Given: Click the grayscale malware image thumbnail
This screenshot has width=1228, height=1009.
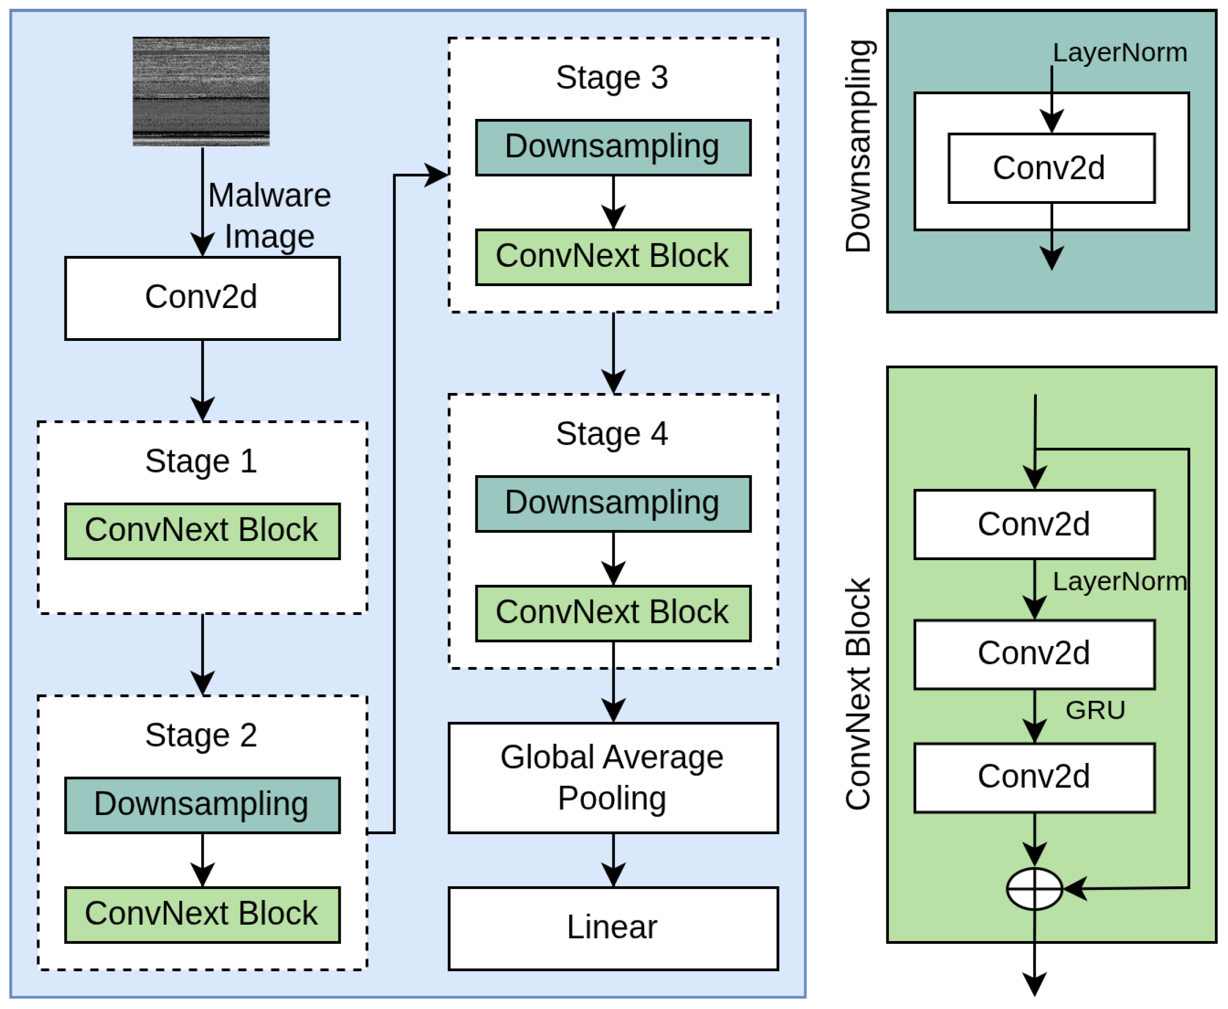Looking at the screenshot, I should (201, 91).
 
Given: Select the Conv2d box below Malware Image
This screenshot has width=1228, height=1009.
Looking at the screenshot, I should (202, 298).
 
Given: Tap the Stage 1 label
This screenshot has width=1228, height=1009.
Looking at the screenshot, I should (201, 461).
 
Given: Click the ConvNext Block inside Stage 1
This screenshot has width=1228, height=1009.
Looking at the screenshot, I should (202, 531).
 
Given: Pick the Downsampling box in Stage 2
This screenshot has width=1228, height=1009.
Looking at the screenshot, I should (202, 806).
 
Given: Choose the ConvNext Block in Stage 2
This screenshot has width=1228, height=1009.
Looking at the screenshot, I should (202, 915).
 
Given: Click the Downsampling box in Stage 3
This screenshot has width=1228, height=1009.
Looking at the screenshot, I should (613, 147).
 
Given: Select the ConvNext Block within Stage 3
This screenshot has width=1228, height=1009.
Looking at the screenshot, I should (613, 257).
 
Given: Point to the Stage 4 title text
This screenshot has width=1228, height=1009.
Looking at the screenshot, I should (612, 434).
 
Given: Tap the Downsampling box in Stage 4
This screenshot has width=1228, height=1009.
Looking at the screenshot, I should (613, 504).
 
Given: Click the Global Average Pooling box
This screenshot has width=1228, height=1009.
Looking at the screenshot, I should (613, 778).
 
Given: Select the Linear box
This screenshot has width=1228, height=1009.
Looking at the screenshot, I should (613, 928).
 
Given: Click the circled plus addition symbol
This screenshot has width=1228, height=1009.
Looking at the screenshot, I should (1034, 888).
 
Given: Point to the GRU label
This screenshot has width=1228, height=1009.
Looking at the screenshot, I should (1095, 710).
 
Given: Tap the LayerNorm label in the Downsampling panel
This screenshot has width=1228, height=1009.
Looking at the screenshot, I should (1120, 53).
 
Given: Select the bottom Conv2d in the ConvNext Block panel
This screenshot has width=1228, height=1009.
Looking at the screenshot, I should (1034, 778).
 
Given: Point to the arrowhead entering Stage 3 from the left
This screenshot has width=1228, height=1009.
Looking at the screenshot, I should (438, 175).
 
